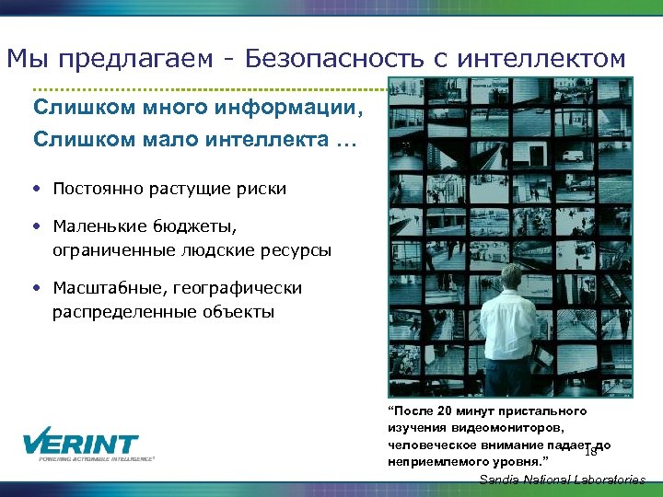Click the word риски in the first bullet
click(262, 189)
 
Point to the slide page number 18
click(591, 452)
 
